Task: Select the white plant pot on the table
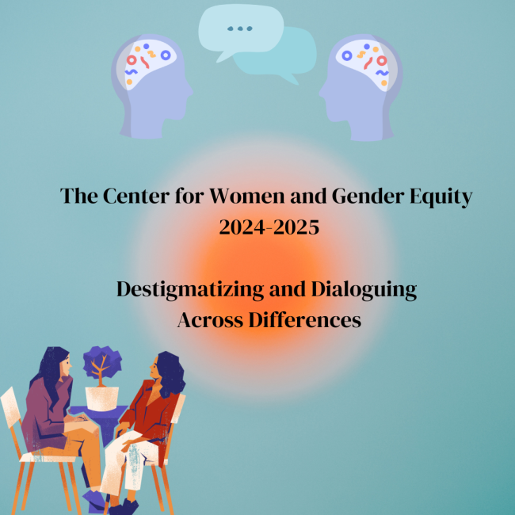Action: click(x=103, y=398)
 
